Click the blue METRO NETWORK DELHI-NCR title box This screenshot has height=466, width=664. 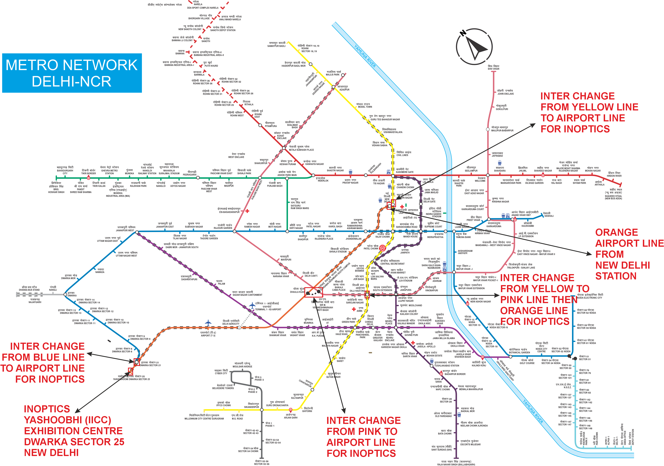pyautogui.click(x=72, y=73)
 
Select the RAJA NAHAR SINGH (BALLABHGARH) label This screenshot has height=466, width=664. pyautogui.click(x=456, y=463)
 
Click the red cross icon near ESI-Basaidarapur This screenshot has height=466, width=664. pyautogui.click(x=247, y=211)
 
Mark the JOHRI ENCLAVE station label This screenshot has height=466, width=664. pyautogui.click(x=505, y=92)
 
